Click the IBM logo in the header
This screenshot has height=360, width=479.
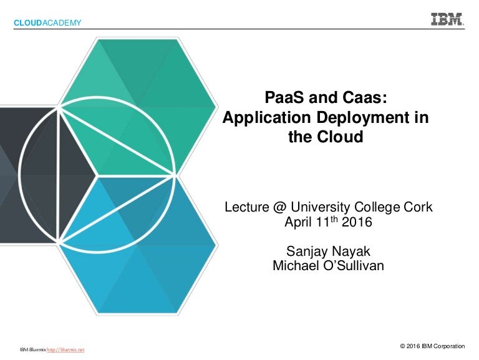pos(448,19)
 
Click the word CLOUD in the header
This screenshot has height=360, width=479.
pos(27,23)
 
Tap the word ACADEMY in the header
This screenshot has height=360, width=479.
pos(62,23)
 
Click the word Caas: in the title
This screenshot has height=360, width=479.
pos(365,97)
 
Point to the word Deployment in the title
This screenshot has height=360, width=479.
pos(363,118)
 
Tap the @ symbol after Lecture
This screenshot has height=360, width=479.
pos(280,207)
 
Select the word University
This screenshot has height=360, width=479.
pos(320,208)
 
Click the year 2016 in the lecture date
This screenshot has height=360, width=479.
pos(357,222)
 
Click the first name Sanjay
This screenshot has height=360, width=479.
pos(306,252)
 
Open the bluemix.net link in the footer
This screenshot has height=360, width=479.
pos(65,349)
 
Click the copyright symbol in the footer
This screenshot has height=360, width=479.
pos(403,346)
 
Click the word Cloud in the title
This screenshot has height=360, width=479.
pos(340,137)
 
